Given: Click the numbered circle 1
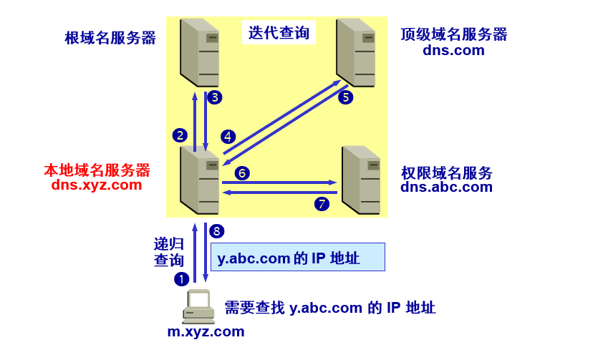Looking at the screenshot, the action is [182, 278].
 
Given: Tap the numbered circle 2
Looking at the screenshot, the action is [180, 135].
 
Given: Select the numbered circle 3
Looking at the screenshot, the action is [214, 97].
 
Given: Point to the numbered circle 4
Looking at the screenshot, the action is [228, 136].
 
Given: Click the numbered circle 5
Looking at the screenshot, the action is [346, 97].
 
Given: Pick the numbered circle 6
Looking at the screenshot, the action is [242, 172].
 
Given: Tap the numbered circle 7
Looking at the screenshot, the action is [322, 204].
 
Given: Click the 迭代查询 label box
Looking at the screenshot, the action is [279, 32].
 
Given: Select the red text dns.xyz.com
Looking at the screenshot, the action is [97, 185].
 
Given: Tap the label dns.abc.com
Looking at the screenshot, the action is [446, 188].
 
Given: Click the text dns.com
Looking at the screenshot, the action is [453, 50].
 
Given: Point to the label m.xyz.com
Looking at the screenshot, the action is [206, 331].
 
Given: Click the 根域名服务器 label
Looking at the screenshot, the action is [110, 38].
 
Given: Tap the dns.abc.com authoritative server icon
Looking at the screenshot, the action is [360, 180].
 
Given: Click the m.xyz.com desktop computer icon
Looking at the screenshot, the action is [198, 306].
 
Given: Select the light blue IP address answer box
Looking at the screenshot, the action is [297, 257].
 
